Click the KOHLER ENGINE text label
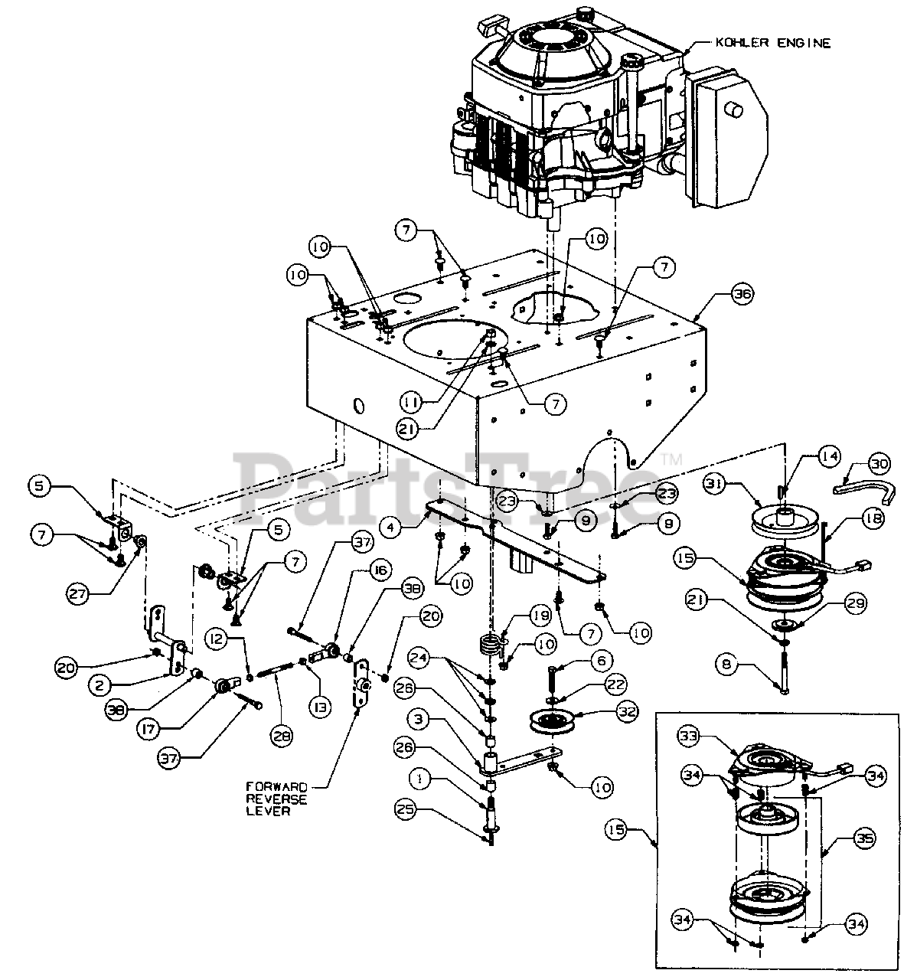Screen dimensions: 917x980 pyautogui.click(x=773, y=43)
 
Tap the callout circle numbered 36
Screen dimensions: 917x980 pyautogui.click(x=742, y=294)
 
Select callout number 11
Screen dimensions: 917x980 pyautogui.click(x=411, y=403)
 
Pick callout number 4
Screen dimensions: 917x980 pyautogui.click(x=391, y=528)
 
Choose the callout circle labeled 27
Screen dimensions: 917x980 pyautogui.click(x=78, y=594)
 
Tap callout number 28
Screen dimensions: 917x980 pyautogui.click(x=282, y=737)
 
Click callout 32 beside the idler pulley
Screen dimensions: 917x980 pyautogui.click(x=628, y=711)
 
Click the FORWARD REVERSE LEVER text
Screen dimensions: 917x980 pyautogui.click(x=276, y=799)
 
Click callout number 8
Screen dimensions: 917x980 pyautogui.click(x=726, y=665)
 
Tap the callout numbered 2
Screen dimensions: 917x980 pyautogui.click(x=101, y=686)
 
